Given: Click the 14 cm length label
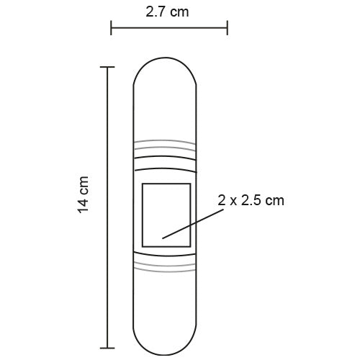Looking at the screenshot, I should pos(84,194).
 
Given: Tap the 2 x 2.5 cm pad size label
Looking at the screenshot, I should pos(251,201).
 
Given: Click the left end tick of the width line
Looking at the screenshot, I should pos(111,28).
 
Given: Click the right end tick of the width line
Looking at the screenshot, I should pos(228,28).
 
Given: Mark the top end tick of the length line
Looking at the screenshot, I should pos(108,67).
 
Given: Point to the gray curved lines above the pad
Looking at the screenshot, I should pos(166,143).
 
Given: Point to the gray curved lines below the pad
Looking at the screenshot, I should pos(166,269).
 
